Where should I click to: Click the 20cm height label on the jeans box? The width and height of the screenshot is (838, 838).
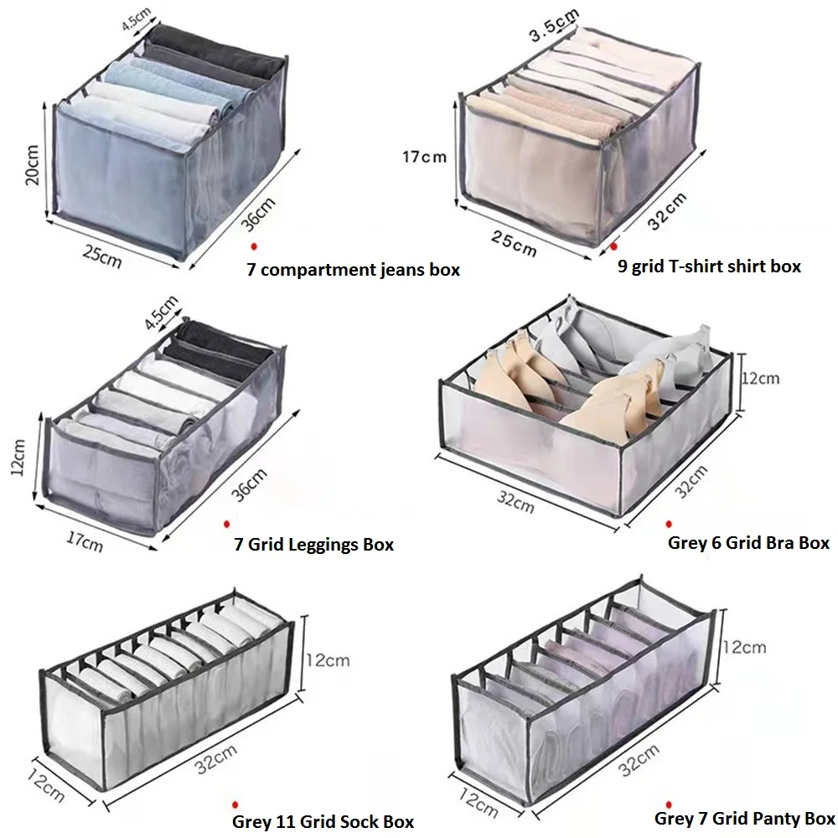pyautogui.click(x=32, y=164)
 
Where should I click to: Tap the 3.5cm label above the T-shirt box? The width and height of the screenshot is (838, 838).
pyautogui.click(x=554, y=26)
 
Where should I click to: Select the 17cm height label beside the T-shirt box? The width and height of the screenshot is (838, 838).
pyautogui.click(x=424, y=157)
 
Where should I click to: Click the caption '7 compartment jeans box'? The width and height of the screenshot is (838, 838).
pyautogui.click(x=354, y=269)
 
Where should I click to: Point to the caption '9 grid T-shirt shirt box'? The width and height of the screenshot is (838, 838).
pyautogui.click(x=709, y=266)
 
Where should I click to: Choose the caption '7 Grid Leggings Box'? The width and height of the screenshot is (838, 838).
pyautogui.click(x=313, y=545)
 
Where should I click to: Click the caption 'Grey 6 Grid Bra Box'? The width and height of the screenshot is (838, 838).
pyautogui.click(x=748, y=543)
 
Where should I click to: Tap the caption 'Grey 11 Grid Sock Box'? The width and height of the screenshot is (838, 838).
pyautogui.click(x=323, y=821)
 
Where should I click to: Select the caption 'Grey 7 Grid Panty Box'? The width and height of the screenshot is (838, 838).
pyautogui.click(x=744, y=818)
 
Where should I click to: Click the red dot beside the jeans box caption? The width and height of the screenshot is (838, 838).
pyautogui.click(x=255, y=246)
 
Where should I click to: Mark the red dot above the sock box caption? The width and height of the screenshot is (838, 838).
pyautogui.click(x=235, y=804)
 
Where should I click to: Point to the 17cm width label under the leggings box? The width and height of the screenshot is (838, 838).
pyautogui.click(x=85, y=541)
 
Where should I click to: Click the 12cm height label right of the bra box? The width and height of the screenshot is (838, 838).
pyautogui.click(x=760, y=379)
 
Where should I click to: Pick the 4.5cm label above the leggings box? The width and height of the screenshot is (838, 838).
pyautogui.click(x=161, y=312)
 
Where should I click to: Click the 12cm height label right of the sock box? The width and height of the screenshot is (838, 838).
pyautogui.click(x=328, y=660)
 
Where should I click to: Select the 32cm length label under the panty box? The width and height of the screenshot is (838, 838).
pyautogui.click(x=639, y=759)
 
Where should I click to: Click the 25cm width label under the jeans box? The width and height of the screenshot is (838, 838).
pyautogui.click(x=102, y=256)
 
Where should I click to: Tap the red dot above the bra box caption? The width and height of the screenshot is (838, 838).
pyautogui.click(x=669, y=525)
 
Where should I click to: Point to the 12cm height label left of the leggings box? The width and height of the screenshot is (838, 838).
pyautogui.click(x=18, y=457)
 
